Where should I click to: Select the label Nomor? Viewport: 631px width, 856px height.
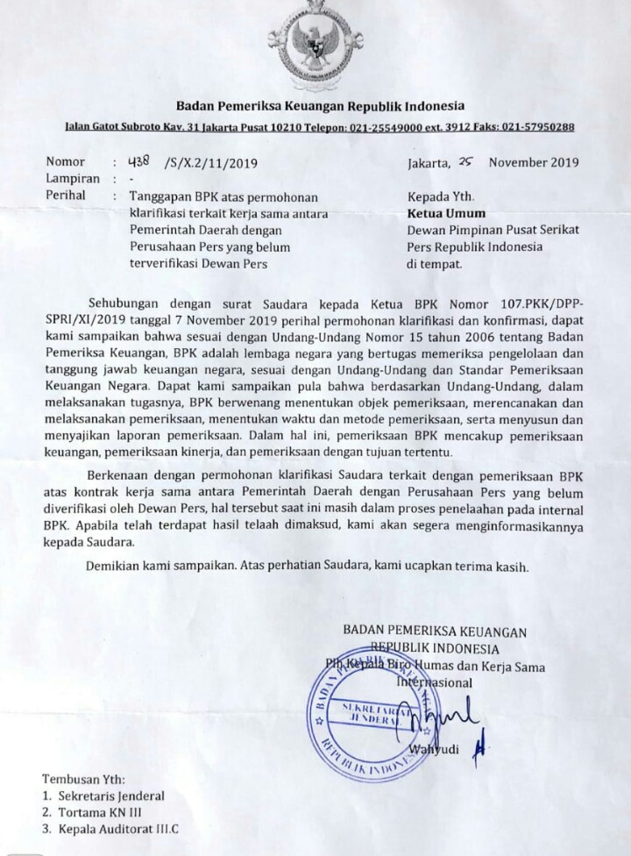point(67,162)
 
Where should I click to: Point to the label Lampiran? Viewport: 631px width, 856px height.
point(73,178)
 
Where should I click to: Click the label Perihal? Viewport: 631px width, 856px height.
point(67,195)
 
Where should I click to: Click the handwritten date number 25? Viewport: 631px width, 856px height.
point(467,161)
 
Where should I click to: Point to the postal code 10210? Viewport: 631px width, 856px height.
point(285,127)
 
